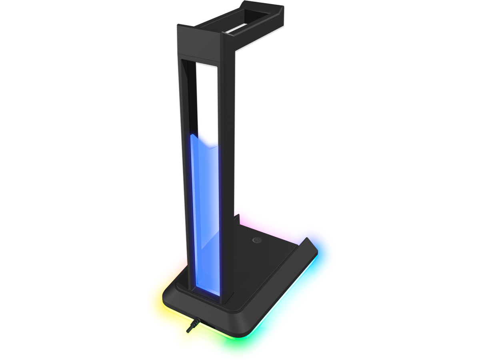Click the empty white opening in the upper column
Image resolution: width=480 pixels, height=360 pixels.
tap(207, 100)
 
